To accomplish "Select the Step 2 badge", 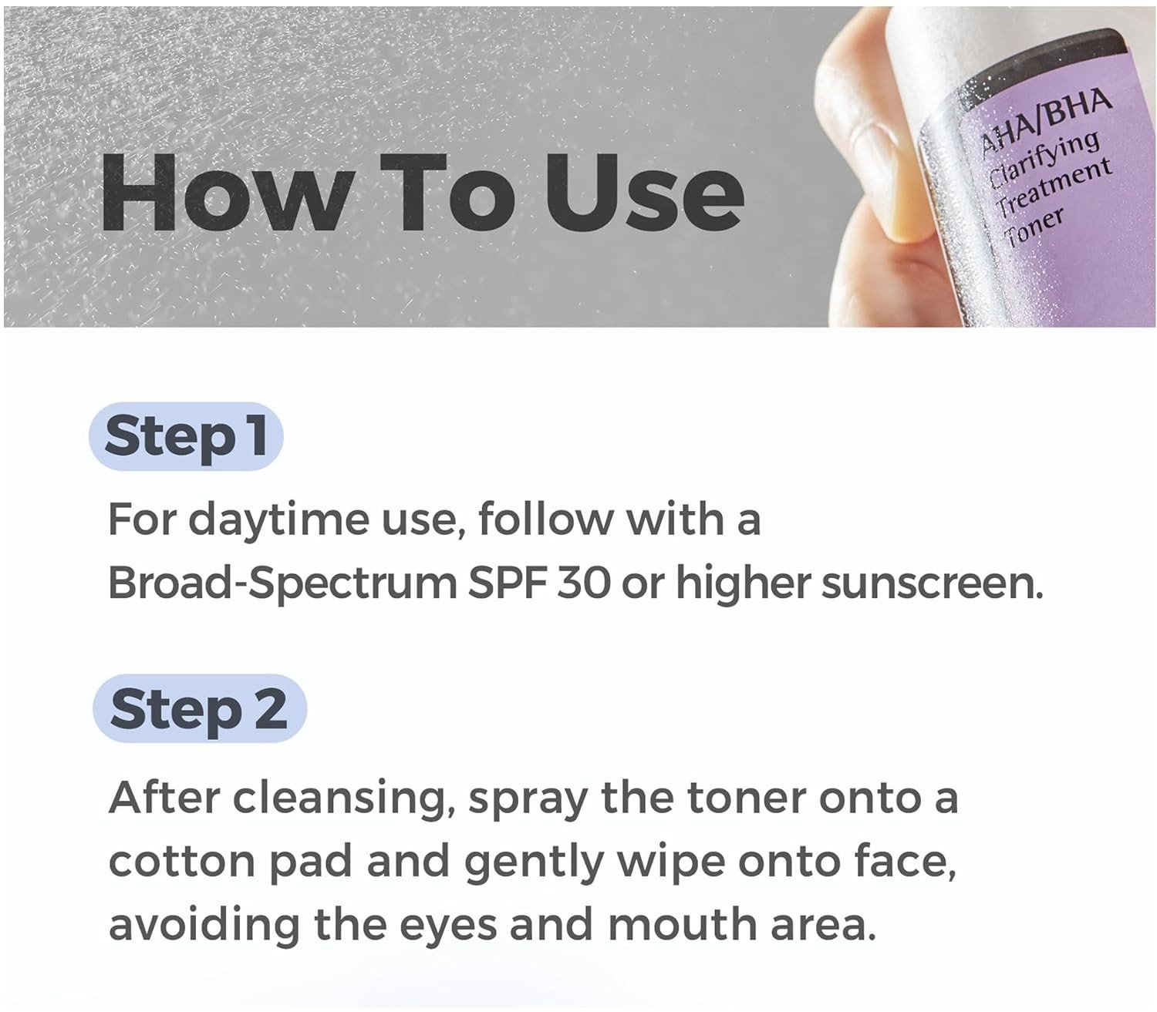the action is [200, 708].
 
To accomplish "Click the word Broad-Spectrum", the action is [283, 584].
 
